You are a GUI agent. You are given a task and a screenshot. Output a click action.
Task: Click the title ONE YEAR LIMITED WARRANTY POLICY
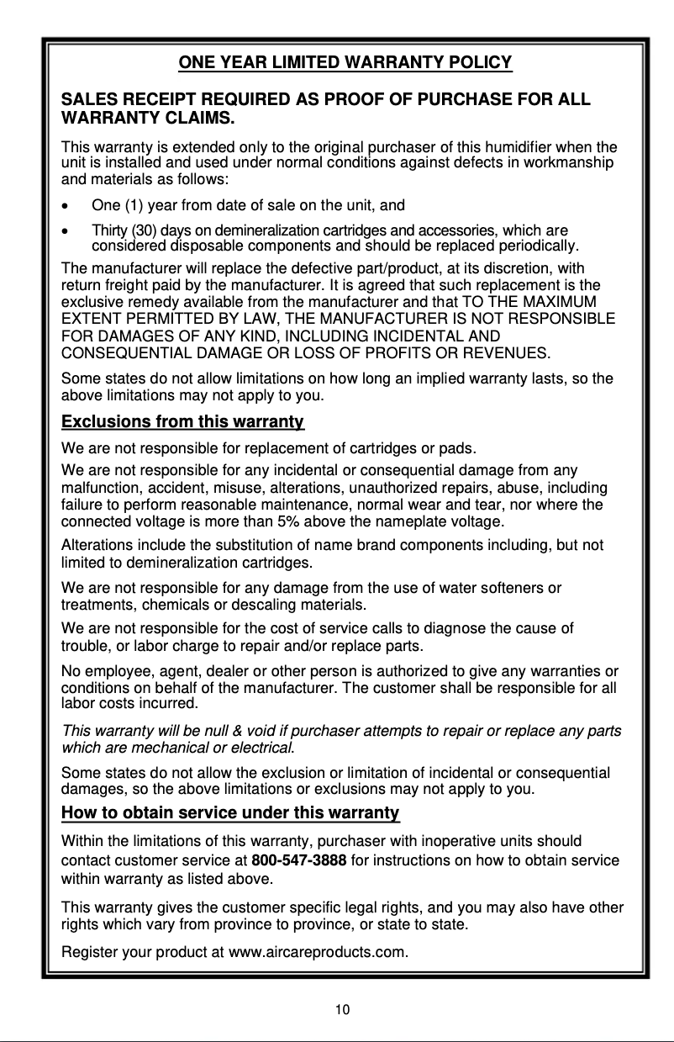tap(345, 62)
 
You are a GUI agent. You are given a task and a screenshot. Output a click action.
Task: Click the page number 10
tap(342, 1009)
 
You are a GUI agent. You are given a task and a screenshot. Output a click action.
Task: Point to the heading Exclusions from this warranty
tap(183, 421)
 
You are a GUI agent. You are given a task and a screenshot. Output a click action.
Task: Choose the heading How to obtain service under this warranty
tap(230, 813)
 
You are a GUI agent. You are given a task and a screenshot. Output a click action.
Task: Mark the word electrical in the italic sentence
tap(266, 748)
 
